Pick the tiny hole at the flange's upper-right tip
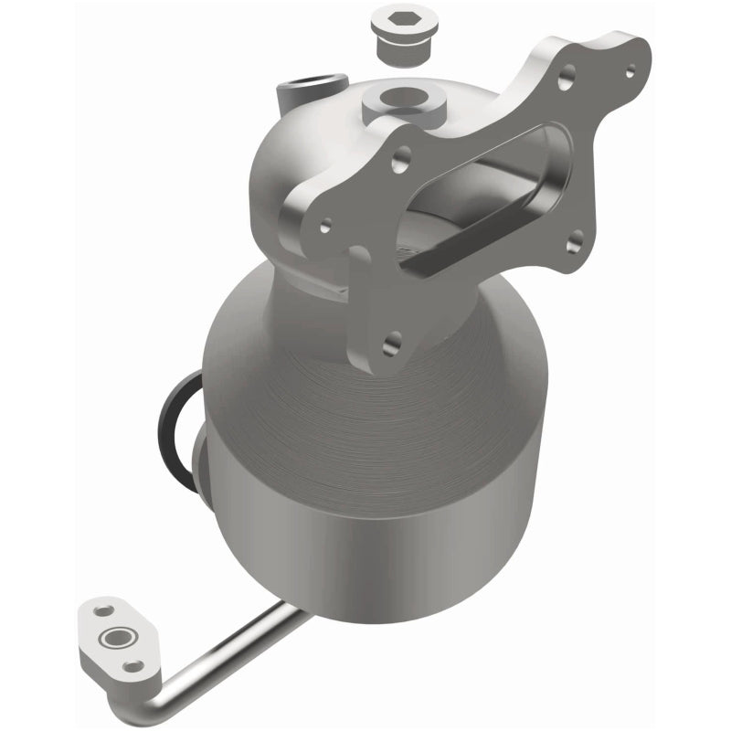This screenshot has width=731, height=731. point(628,69)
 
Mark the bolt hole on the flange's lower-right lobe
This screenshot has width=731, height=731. point(575,239)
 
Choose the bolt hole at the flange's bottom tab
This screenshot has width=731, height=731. point(392,344)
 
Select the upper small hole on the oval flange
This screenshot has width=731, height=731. point(103,609)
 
